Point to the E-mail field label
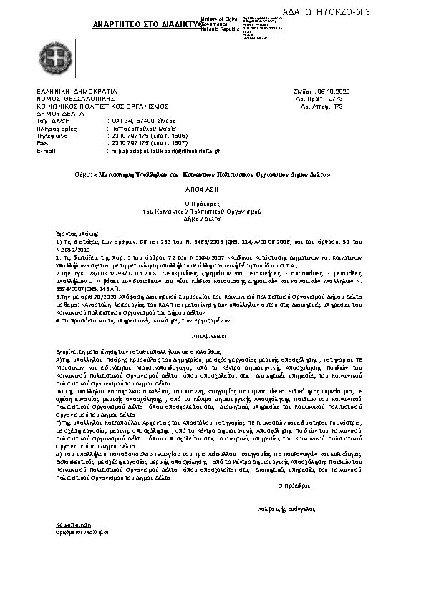coord(45,152)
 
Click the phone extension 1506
coord(159,135)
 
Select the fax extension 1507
coord(159,143)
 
